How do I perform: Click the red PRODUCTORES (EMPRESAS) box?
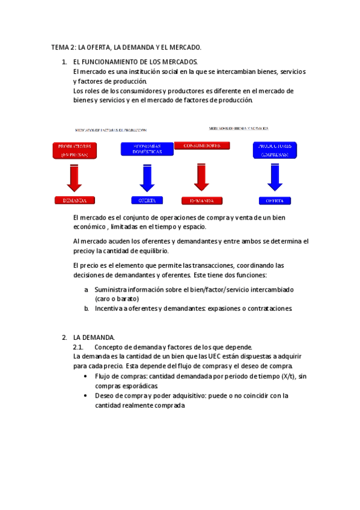click(x=74, y=150)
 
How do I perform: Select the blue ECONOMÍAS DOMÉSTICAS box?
click(x=147, y=149)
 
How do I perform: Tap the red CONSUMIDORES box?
click(x=201, y=146)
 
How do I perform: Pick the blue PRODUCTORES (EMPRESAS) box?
click(x=275, y=150)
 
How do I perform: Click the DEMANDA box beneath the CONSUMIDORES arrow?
click(x=201, y=200)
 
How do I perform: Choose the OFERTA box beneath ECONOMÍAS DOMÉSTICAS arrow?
click(x=147, y=200)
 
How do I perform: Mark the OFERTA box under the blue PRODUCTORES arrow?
click(x=275, y=200)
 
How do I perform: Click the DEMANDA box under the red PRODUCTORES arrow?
click(x=74, y=200)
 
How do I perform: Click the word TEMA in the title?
click(x=60, y=47)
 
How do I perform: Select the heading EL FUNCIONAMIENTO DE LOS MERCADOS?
click(x=135, y=62)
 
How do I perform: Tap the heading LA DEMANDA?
click(x=94, y=337)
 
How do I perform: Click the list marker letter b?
click(x=87, y=309)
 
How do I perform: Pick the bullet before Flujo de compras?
click(x=87, y=376)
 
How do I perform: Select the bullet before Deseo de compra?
click(x=87, y=396)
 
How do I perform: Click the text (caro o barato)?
click(x=117, y=299)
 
